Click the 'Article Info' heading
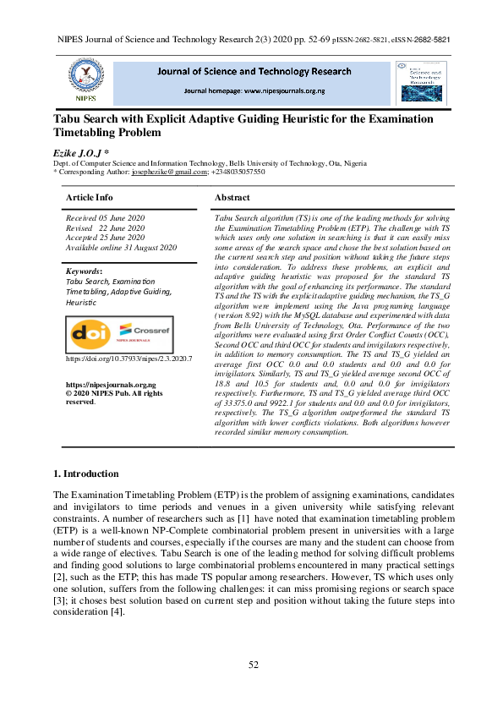coord(90,197)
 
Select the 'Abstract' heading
coord(232,197)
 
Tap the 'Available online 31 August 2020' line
coord(121,247)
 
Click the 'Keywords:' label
coord(85,271)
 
